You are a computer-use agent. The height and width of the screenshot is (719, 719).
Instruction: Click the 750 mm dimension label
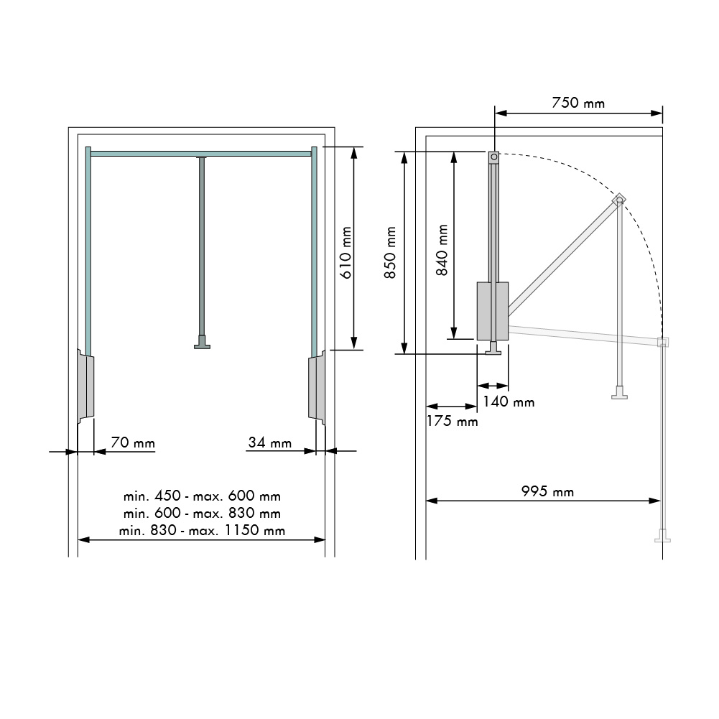tap(577, 103)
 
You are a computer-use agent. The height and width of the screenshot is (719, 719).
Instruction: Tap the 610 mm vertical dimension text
tap(346, 252)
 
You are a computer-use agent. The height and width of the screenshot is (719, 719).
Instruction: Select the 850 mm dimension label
tap(390, 252)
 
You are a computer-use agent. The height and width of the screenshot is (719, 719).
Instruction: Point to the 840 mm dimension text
tap(442, 250)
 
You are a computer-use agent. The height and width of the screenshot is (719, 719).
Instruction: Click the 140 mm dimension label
tap(509, 402)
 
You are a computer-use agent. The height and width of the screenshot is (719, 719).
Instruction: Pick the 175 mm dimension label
tap(452, 421)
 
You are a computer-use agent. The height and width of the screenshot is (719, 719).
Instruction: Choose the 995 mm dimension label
tap(547, 491)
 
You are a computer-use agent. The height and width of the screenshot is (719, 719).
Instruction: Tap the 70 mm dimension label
tap(133, 442)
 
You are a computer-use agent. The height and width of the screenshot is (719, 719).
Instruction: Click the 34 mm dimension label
tap(270, 442)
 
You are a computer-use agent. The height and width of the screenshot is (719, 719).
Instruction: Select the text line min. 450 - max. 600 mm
tap(202, 496)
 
